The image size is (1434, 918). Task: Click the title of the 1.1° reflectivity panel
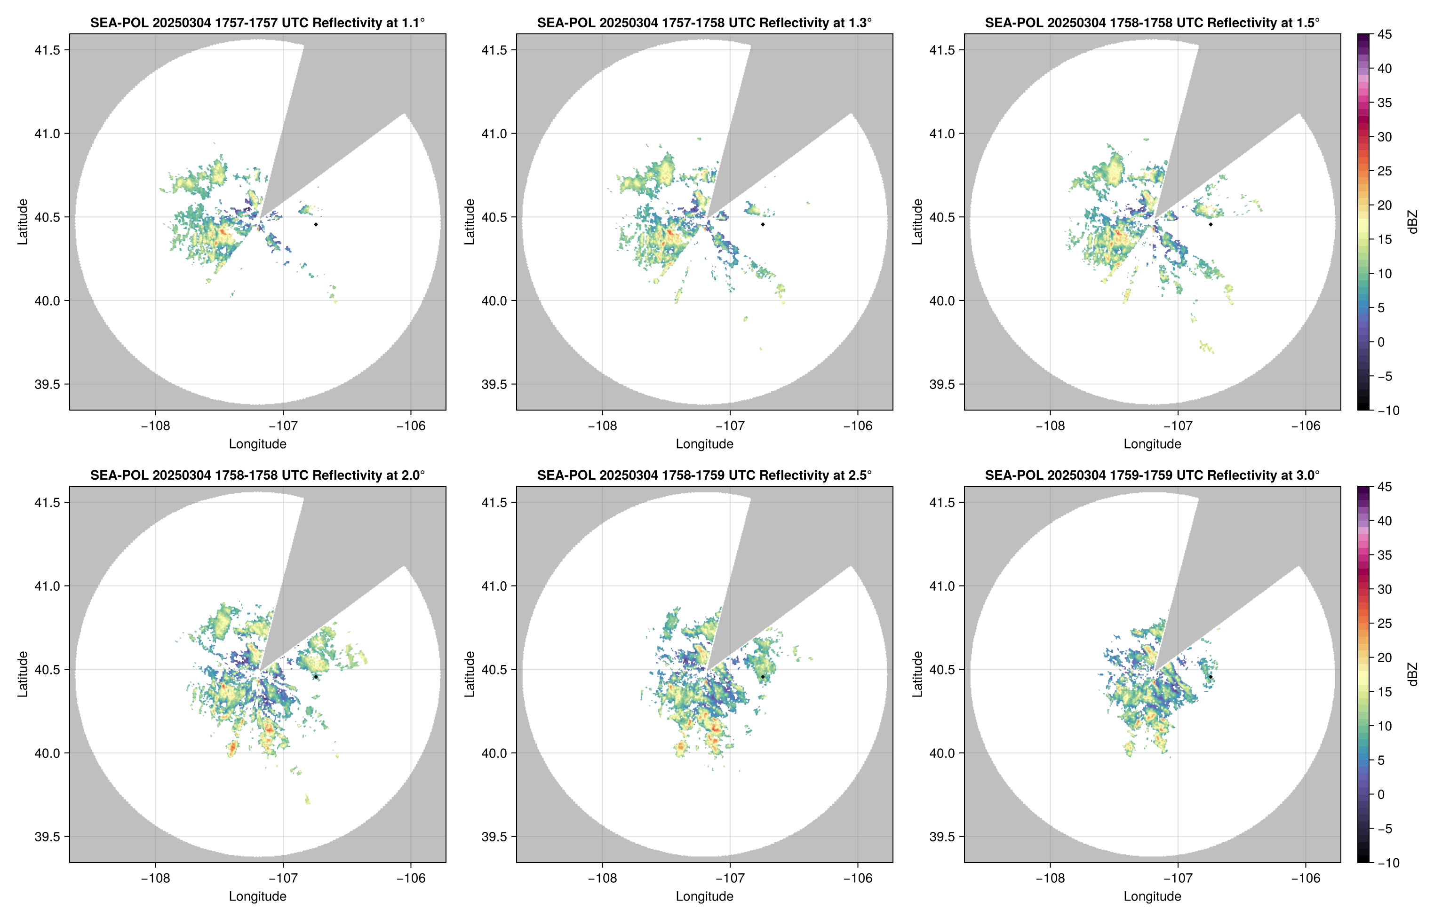[257, 23]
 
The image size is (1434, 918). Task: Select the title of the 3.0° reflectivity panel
[1152, 475]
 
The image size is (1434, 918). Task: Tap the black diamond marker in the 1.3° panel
[763, 224]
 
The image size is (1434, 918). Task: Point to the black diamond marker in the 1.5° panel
[1211, 224]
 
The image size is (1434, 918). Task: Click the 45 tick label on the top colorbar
[1385, 35]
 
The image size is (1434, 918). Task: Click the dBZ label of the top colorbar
[1412, 222]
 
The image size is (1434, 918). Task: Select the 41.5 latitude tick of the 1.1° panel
[48, 50]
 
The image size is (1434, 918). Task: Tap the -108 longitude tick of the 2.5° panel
[602, 878]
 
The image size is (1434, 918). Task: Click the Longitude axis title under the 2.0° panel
[257, 896]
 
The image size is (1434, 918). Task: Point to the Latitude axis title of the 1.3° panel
[470, 222]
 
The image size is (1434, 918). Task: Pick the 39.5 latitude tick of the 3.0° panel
[943, 836]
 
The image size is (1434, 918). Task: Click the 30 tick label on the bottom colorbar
[1385, 589]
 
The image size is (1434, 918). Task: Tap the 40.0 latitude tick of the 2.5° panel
[495, 753]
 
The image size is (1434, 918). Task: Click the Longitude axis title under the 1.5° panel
[1152, 443]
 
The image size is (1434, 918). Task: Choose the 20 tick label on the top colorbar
[1385, 205]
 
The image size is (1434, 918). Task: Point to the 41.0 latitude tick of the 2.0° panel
[48, 586]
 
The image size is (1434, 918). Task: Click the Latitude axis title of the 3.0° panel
[917, 674]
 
